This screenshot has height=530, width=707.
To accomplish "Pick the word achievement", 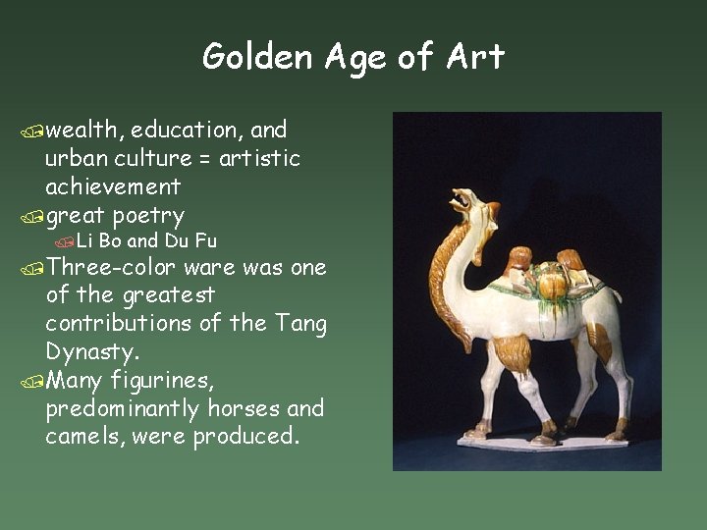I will [113, 186].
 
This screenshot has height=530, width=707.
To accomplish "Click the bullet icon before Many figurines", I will [35, 380].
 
